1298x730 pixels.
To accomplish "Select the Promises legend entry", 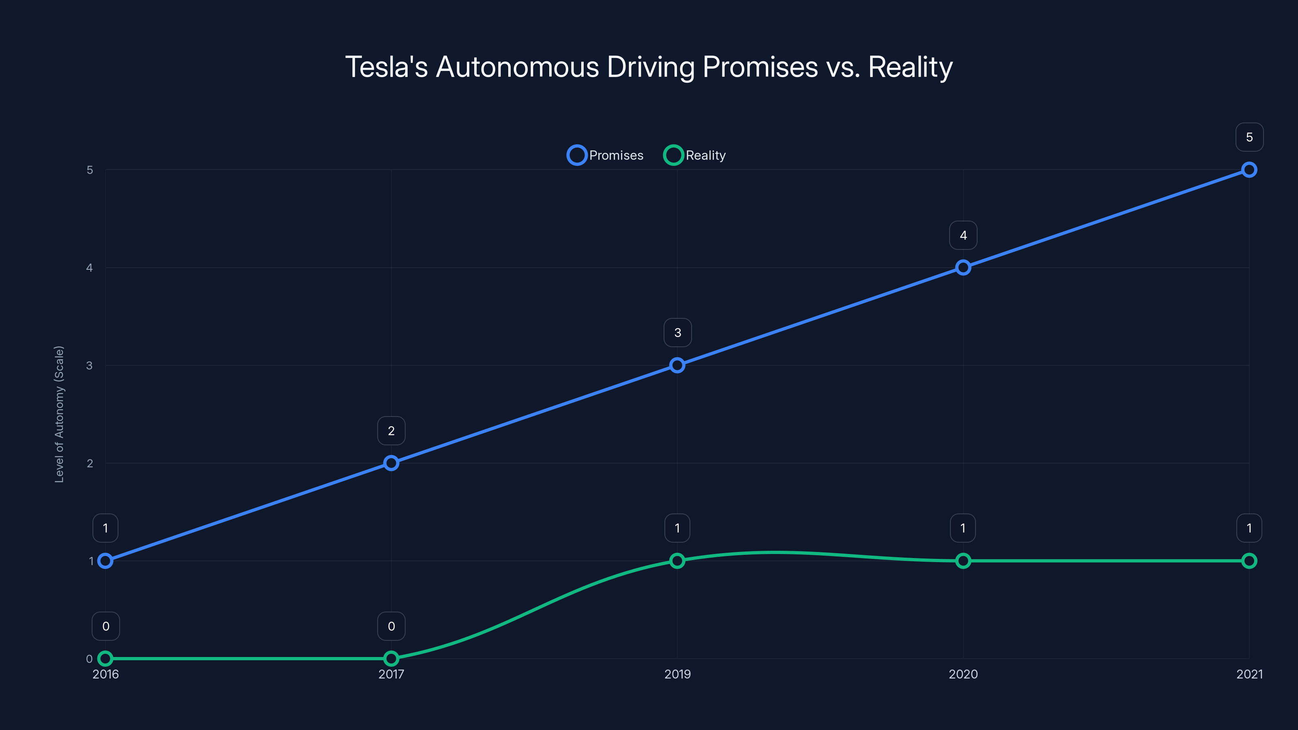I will (605, 155).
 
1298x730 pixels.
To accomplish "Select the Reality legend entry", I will (695, 155).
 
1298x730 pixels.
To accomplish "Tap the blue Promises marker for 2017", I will (391, 463).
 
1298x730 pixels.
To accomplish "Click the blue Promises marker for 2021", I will (1249, 170).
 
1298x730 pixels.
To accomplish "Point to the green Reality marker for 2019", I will (677, 561).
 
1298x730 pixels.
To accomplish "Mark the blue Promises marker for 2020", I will (963, 268).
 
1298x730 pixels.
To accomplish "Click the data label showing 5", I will (1249, 137).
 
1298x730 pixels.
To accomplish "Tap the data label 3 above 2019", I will (677, 333).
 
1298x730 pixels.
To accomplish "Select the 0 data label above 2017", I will (391, 626).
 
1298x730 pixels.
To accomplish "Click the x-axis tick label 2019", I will (677, 674).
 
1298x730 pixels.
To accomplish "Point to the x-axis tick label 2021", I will (1249, 674).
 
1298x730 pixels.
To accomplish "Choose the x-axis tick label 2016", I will (105, 674).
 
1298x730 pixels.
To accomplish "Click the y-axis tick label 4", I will (90, 268).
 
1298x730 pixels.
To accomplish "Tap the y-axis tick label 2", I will (90, 463).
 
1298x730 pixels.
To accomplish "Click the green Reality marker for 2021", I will (1249, 561).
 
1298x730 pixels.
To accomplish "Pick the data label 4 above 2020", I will (963, 235).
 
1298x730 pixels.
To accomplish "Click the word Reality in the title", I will (910, 67).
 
